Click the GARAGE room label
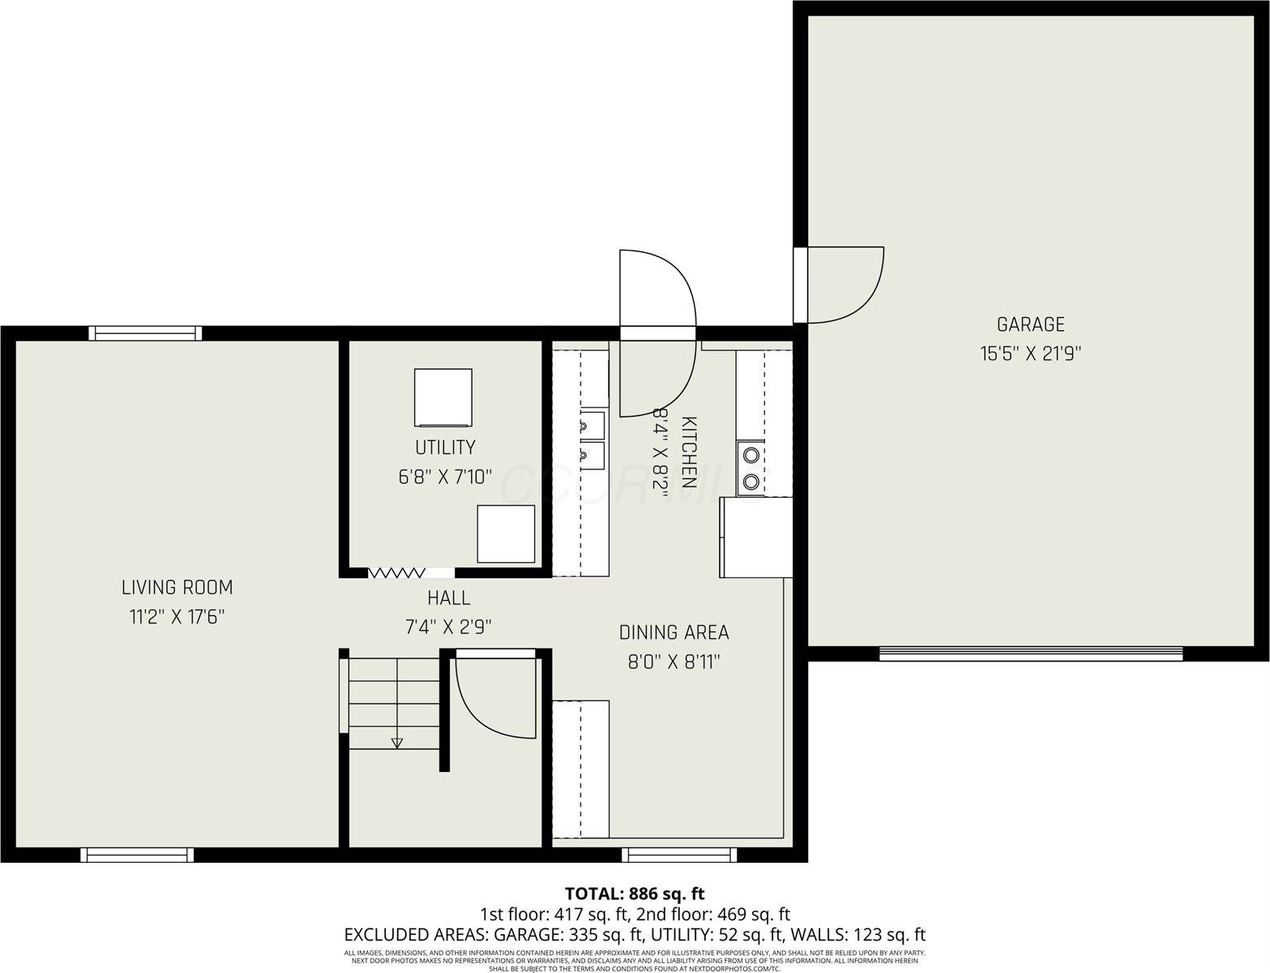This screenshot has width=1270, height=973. click(x=1030, y=324)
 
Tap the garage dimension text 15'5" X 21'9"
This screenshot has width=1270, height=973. click(x=1030, y=354)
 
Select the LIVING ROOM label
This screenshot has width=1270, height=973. click(x=177, y=587)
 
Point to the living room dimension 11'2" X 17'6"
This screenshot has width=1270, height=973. click(x=177, y=617)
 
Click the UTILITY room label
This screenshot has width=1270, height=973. click(x=445, y=447)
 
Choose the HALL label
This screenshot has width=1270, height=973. click(x=448, y=598)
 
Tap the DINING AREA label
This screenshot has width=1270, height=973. click(x=673, y=632)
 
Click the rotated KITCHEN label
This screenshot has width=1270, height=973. click(x=689, y=452)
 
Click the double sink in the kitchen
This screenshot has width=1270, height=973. click(x=592, y=440)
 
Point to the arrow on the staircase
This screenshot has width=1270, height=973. click(x=396, y=741)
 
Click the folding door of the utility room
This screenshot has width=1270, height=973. click(x=396, y=572)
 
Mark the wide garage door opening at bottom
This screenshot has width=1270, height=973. click(x=1030, y=654)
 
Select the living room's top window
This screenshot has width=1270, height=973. click(x=145, y=332)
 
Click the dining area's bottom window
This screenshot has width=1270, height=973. click(x=679, y=855)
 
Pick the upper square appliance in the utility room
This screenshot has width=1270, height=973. click(x=443, y=397)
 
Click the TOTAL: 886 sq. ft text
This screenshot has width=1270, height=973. click(x=635, y=894)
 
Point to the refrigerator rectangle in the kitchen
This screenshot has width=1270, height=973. click(x=755, y=537)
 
